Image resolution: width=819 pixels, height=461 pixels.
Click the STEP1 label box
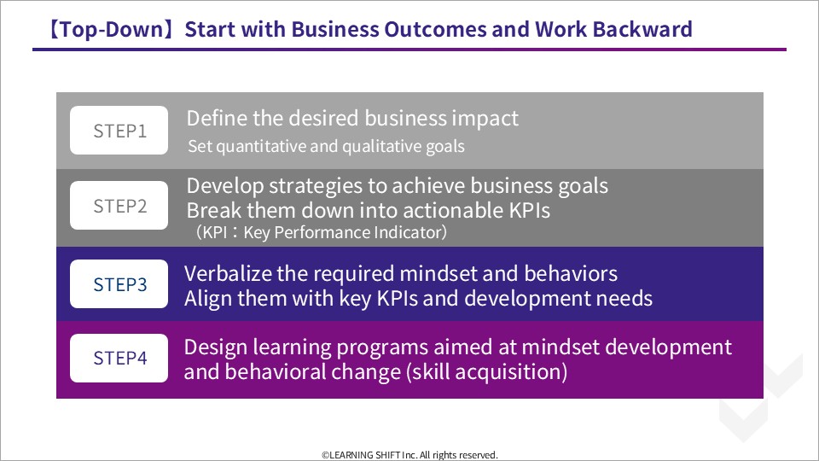click(119, 130)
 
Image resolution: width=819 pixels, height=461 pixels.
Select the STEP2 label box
click(119, 206)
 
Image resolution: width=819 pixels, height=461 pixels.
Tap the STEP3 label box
click(119, 283)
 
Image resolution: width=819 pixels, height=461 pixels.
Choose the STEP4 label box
click(119, 358)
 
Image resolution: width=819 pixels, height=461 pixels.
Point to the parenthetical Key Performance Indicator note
click(322, 232)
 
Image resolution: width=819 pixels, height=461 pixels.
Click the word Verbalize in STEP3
click(227, 273)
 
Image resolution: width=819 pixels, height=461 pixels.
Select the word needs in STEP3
click(624, 299)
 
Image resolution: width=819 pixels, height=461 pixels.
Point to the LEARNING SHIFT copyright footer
click(409, 455)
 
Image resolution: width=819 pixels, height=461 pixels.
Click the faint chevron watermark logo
click(760, 397)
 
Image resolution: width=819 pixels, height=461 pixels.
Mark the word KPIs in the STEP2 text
click(529, 210)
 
